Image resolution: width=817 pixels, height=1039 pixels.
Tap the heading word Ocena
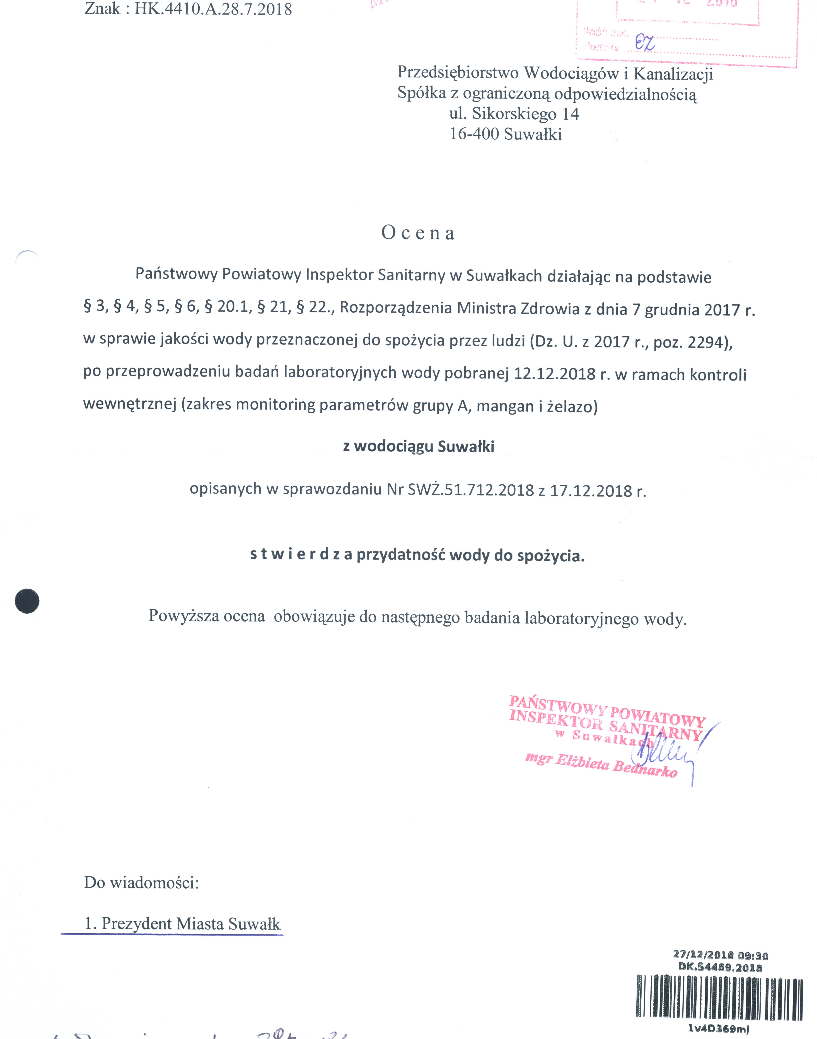pyautogui.click(x=418, y=233)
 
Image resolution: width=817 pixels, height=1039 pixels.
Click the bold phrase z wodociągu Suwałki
pyautogui.click(x=419, y=446)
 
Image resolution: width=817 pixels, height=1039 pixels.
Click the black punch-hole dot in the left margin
pyautogui.click(x=27, y=601)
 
